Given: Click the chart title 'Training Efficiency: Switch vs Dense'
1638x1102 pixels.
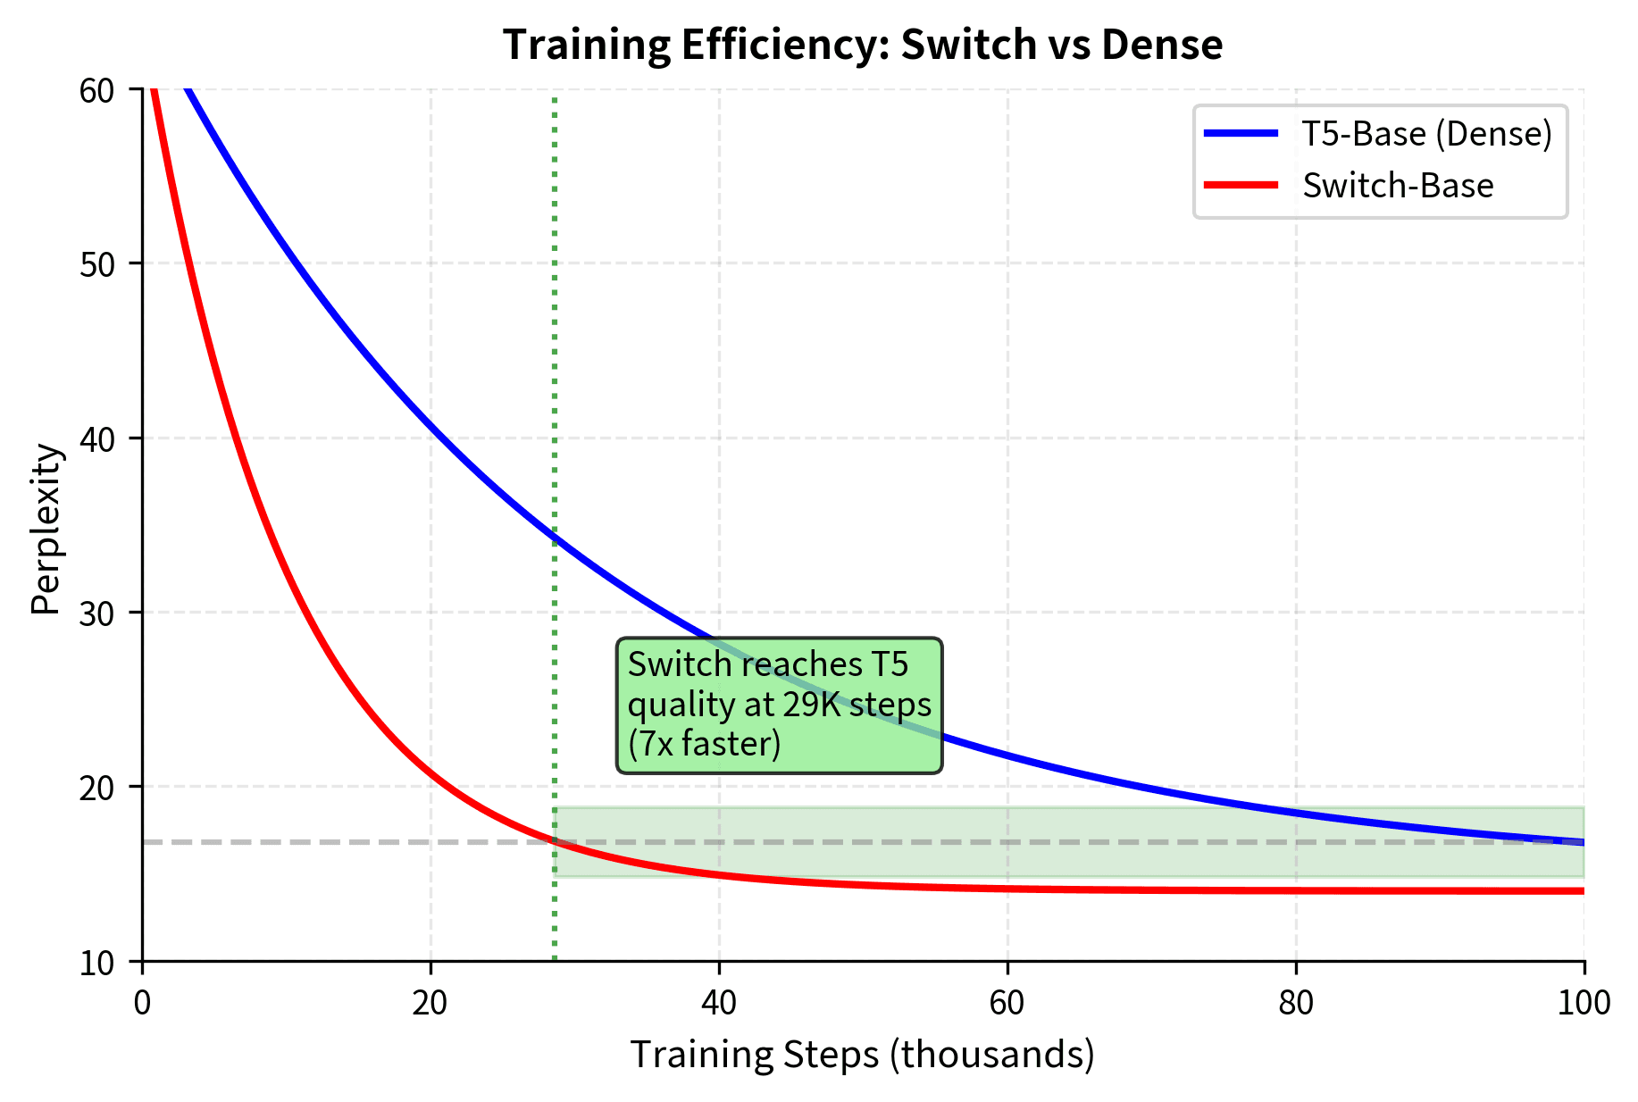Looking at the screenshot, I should pos(862,45).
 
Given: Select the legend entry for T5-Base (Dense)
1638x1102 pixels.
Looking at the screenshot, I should pos(1426,134).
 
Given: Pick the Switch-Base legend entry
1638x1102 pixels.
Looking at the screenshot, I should pos(1397,186).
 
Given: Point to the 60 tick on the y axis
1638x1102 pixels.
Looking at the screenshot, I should pos(96,90).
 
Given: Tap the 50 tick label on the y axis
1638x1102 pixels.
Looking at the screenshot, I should pos(96,264).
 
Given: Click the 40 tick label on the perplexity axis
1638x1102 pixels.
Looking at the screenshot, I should pos(96,438).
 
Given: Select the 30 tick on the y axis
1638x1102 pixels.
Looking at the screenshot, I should pos(96,613).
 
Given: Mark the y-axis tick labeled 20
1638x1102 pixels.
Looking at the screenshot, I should pos(96,788).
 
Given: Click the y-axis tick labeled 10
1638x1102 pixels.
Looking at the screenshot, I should pos(96,963).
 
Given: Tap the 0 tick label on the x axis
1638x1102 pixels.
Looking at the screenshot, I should pos(142,1003).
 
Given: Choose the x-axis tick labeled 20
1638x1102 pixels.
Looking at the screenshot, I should pos(430,1003).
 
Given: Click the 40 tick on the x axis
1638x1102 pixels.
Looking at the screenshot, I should pos(719,1003).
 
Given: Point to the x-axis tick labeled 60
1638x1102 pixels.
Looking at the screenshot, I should pos(1007,1003).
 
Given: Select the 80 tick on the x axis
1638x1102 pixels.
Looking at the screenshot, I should pos(1296,1003).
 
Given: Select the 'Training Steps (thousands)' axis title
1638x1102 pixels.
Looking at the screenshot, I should pos(862,1055).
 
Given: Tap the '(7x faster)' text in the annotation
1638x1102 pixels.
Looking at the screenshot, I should pos(704,744).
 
